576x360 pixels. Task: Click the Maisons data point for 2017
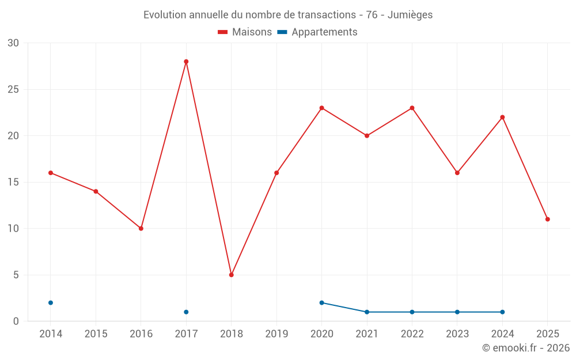(186, 62)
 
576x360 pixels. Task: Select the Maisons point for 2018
(231, 275)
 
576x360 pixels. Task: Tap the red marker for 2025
(547, 219)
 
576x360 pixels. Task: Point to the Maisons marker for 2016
(141, 229)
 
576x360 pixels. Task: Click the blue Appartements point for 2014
(51, 303)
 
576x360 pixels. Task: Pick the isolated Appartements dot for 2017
(186, 312)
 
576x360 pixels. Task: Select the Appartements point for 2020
(321, 303)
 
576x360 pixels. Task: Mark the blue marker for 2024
(502, 312)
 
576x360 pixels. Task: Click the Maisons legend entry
(245, 32)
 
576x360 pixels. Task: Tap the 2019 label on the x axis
(276, 334)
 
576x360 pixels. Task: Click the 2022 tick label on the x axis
(412, 334)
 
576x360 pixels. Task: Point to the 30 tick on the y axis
(13, 43)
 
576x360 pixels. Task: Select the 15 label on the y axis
(13, 183)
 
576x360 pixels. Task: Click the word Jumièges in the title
(410, 15)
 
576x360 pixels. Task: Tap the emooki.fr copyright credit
(526, 348)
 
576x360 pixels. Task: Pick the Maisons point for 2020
(321, 108)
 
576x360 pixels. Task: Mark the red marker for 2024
(502, 118)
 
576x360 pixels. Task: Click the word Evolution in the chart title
(164, 15)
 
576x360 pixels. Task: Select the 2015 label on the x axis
(96, 334)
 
